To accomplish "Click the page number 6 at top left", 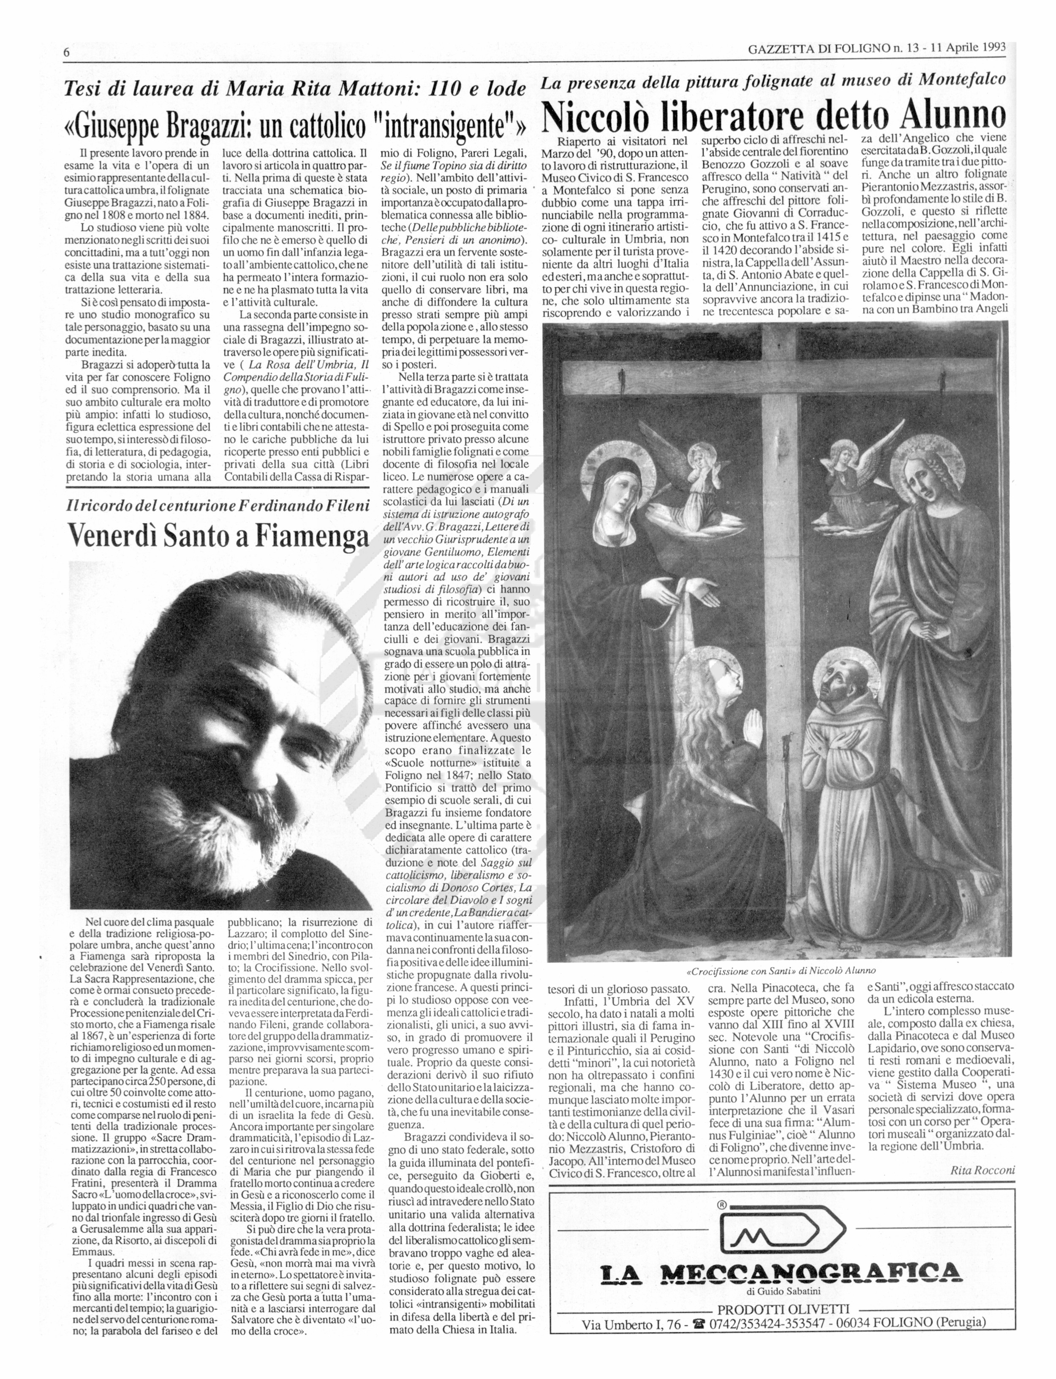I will click(x=66, y=53).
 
